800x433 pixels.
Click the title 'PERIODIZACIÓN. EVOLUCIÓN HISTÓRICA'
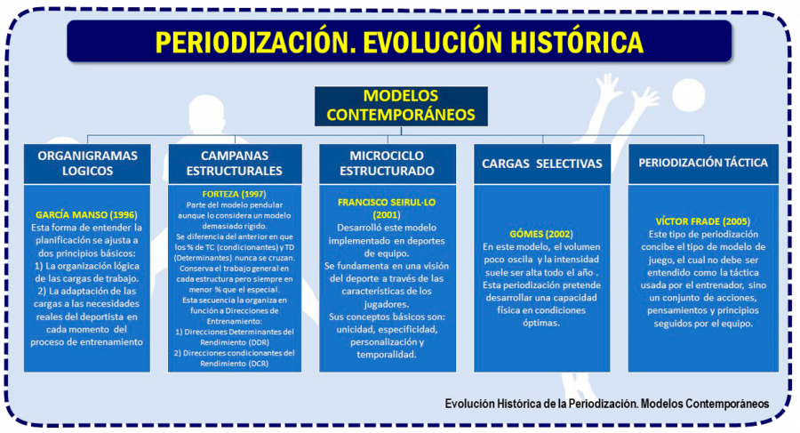(x=399, y=42)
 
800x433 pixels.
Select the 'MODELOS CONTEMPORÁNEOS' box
(x=400, y=105)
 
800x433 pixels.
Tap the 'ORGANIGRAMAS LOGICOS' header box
(x=88, y=163)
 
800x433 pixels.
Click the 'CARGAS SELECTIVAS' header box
(x=541, y=164)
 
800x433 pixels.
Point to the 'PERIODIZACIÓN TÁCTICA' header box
(x=703, y=163)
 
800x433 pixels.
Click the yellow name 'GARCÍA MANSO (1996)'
(x=88, y=215)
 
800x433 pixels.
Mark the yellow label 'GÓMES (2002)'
(x=541, y=233)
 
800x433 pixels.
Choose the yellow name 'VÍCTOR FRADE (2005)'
(x=703, y=220)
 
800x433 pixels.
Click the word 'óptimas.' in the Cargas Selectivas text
(x=541, y=323)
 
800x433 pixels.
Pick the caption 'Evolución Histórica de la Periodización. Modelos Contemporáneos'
(x=607, y=403)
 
